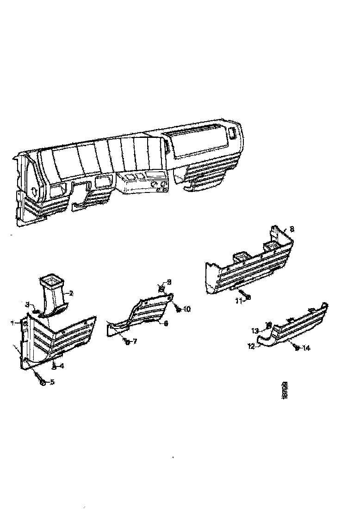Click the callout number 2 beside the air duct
(72, 293)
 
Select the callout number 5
(52, 382)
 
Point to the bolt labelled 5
(42, 383)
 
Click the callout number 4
(62, 366)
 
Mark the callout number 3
(27, 304)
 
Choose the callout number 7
(135, 341)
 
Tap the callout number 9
(169, 281)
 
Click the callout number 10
(186, 309)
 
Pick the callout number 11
(238, 300)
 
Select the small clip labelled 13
(268, 325)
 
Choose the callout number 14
(306, 348)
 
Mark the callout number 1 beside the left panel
(12, 321)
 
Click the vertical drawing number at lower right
(285, 391)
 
